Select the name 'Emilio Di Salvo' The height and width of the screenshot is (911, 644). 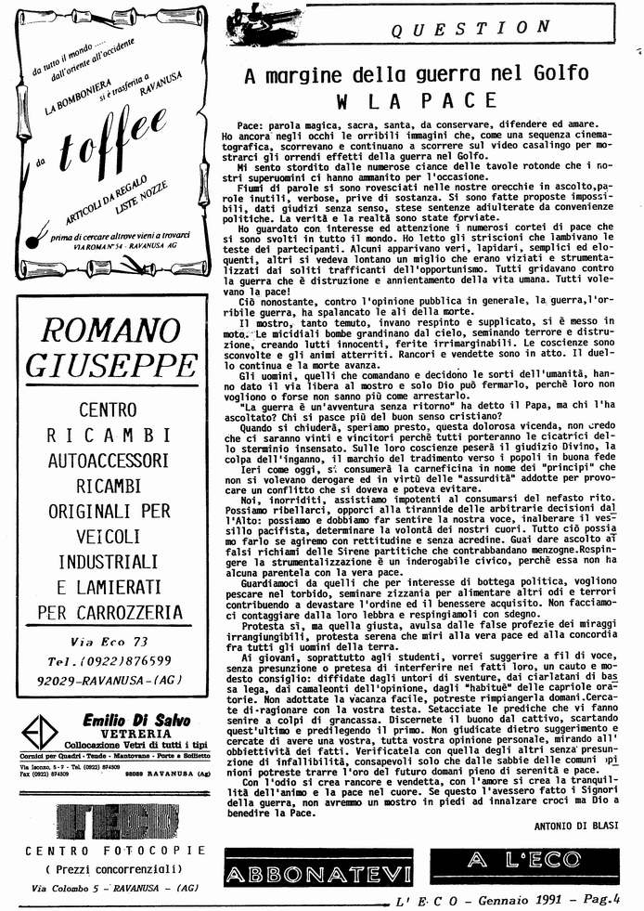click(x=134, y=719)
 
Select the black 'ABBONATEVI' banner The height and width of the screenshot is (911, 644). click(x=317, y=873)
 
